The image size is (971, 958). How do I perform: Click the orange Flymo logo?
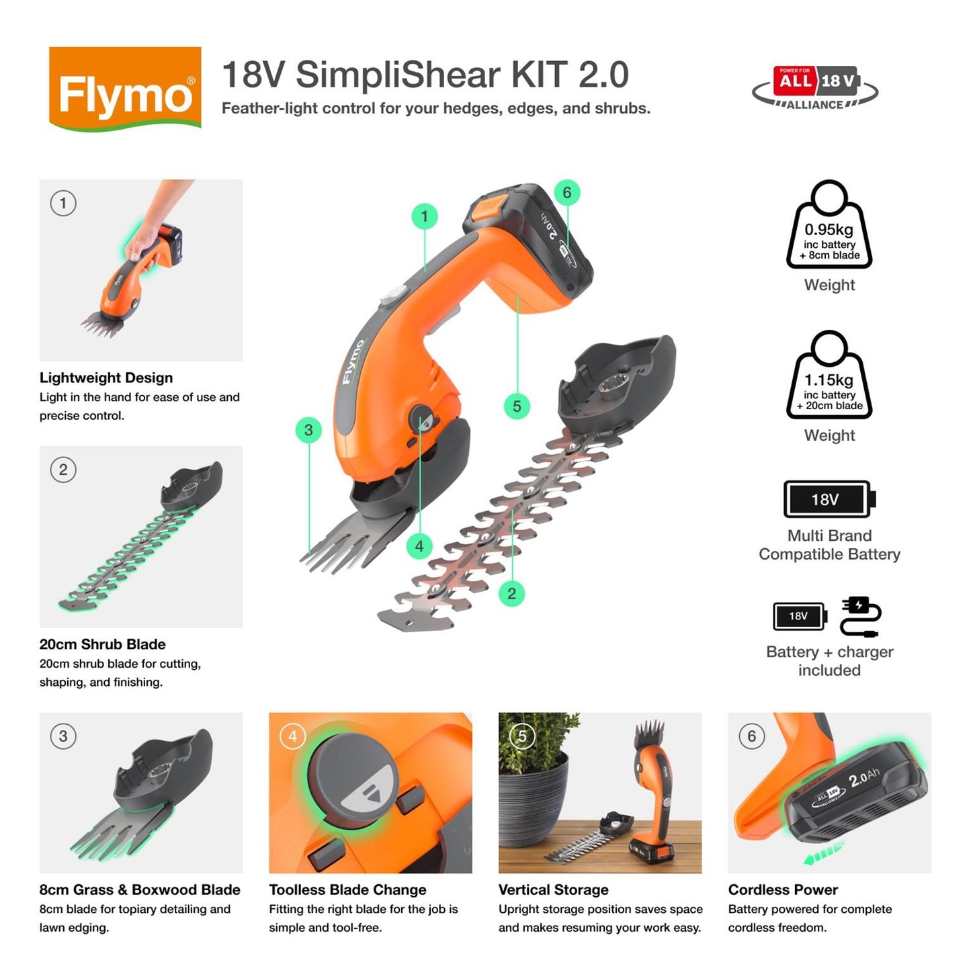(x=125, y=88)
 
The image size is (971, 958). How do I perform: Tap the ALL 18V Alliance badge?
(x=815, y=87)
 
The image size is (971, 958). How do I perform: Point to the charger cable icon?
(x=860, y=616)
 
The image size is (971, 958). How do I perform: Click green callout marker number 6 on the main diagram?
(x=566, y=193)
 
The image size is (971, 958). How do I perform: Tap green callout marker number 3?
(x=308, y=430)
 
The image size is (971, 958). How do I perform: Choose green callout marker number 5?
(x=517, y=406)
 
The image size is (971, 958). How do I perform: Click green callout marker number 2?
(x=511, y=593)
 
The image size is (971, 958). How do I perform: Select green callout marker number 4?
(x=419, y=546)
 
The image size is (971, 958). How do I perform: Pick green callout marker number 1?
(x=424, y=216)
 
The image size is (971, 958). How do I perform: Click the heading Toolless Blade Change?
(x=347, y=889)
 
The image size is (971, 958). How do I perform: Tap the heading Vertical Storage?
(x=553, y=889)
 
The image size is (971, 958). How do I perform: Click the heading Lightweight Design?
(x=106, y=378)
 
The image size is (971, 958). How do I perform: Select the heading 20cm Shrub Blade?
(x=102, y=644)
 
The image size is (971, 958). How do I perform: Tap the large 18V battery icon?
(x=829, y=499)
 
